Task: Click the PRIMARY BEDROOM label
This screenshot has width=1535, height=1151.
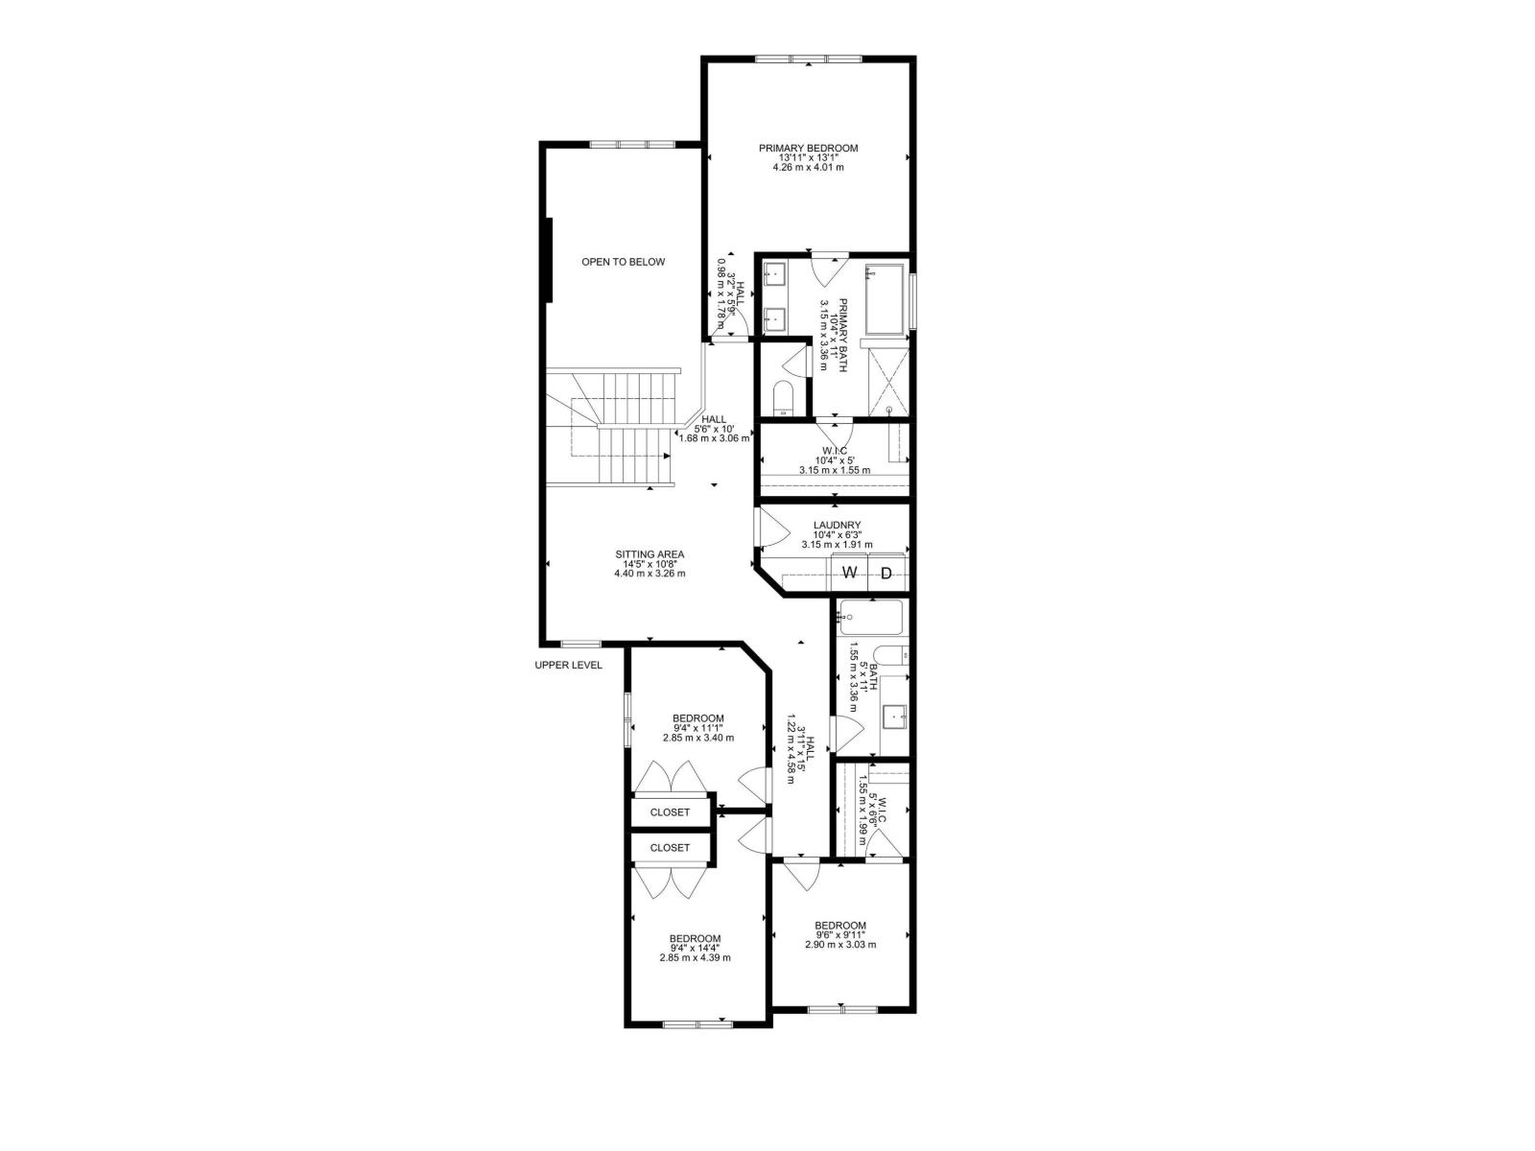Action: click(808, 149)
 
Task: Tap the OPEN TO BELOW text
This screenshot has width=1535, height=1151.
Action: click(623, 262)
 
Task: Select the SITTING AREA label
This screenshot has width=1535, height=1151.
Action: click(649, 554)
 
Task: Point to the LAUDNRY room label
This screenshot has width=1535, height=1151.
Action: click(837, 525)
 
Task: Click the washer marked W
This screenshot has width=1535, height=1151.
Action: click(849, 574)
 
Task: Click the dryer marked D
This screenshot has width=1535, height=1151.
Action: click(886, 574)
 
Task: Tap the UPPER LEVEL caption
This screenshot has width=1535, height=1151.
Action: click(569, 665)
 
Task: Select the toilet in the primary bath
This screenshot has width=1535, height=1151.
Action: click(783, 399)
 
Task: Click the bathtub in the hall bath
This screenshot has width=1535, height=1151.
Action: click(870, 618)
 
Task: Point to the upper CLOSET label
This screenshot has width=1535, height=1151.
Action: click(670, 812)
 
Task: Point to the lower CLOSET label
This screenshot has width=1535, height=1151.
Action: click(670, 848)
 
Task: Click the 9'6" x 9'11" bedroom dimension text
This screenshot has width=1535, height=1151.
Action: click(840, 935)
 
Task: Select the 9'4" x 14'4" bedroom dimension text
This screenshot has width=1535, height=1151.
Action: click(696, 948)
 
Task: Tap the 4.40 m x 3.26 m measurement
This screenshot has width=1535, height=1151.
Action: click(649, 574)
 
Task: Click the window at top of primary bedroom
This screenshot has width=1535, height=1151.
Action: click(808, 60)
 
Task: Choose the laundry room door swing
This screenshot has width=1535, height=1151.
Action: click(771, 528)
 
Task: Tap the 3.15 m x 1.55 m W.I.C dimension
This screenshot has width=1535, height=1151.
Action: click(835, 470)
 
